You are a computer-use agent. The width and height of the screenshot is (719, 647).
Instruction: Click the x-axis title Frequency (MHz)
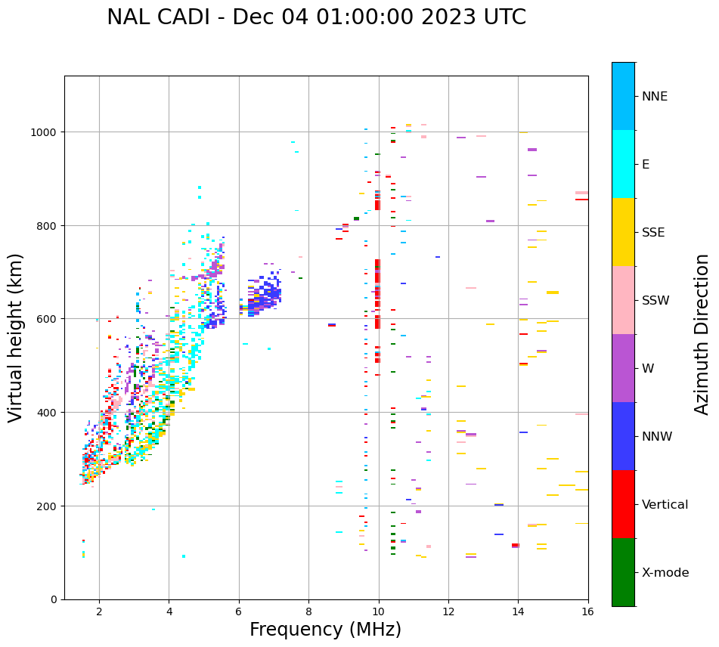[325, 630]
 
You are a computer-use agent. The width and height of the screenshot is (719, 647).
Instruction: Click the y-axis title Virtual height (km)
[17, 337]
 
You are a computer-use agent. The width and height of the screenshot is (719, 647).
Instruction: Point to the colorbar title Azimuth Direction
[702, 334]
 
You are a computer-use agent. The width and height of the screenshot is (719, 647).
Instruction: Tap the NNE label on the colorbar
[655, 97]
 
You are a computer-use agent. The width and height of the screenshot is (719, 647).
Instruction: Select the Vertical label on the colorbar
[665, 505]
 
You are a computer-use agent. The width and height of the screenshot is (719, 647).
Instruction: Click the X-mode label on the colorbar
[665, 573]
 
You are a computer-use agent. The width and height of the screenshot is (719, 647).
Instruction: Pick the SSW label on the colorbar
[655, 301]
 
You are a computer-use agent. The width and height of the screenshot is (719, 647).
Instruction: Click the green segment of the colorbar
[623, 572]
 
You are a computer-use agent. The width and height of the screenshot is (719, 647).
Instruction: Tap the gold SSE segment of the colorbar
[623, 232]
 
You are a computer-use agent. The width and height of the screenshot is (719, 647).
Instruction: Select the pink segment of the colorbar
[623, 300]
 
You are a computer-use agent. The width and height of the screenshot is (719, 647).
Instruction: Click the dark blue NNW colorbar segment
[623, 436]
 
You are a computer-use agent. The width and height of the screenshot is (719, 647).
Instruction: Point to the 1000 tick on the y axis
[45, 132]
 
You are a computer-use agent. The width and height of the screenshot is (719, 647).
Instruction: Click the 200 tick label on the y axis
[48, 506]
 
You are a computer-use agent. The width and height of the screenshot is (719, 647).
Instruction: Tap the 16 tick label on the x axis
[587, 612]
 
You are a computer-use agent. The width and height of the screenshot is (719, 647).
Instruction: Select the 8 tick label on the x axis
[308, 612]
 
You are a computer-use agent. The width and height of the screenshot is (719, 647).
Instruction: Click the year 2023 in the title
[457, 17]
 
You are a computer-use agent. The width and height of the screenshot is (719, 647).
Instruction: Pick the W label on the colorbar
[648, 369]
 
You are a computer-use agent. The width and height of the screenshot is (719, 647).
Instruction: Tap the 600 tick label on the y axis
[48, 319]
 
